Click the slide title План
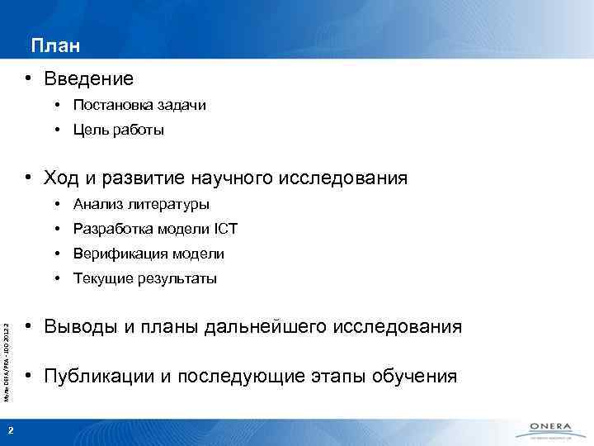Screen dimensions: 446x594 coord(56,45)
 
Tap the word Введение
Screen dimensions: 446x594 coord(88,79)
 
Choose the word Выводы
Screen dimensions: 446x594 coord(79,327)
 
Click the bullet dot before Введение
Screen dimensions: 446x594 coord(28,79)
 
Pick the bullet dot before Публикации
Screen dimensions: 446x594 coord(28,377)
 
